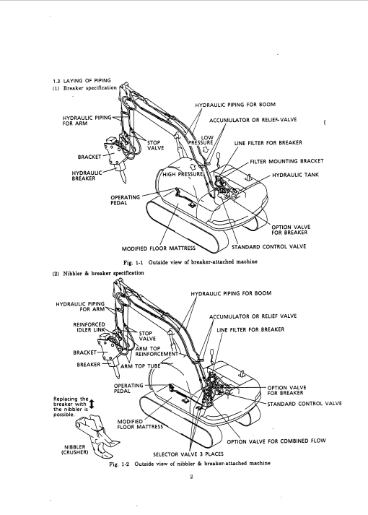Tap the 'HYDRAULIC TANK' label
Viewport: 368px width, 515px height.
(x=295, y=175)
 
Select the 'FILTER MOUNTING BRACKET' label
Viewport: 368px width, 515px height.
(x=286, y=161)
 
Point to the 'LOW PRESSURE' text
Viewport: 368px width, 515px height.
(x=201, y=140)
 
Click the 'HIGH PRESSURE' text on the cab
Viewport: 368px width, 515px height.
(x=183, y=174)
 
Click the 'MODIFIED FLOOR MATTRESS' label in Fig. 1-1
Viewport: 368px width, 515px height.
(x=159, y=248)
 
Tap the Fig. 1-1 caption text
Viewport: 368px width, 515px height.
(x=190, y=262)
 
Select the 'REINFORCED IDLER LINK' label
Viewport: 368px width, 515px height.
(x=89, y=327)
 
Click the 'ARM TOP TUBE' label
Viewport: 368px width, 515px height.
(x=141, y=366)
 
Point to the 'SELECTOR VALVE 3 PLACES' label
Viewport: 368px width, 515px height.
(x=188, y=454)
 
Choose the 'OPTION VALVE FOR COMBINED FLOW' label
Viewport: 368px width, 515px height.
(x=276, y=441)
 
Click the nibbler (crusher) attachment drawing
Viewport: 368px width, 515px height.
(x=96, y=436)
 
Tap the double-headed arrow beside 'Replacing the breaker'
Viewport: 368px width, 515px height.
(x=92, y=404)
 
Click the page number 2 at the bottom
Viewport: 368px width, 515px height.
(x=191, y=477)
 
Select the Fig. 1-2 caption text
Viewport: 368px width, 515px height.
(x=190, y=464)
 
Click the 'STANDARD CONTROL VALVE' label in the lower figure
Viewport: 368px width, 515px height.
(x=305, y=404)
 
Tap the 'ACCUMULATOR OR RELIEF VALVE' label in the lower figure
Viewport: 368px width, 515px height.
(x=253, y=316)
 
